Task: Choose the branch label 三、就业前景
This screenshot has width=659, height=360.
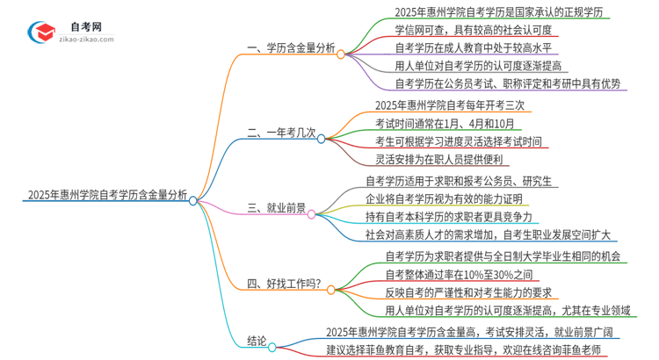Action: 277,209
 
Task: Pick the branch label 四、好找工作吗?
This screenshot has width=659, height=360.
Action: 284,284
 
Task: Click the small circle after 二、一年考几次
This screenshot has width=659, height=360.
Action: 322,139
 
